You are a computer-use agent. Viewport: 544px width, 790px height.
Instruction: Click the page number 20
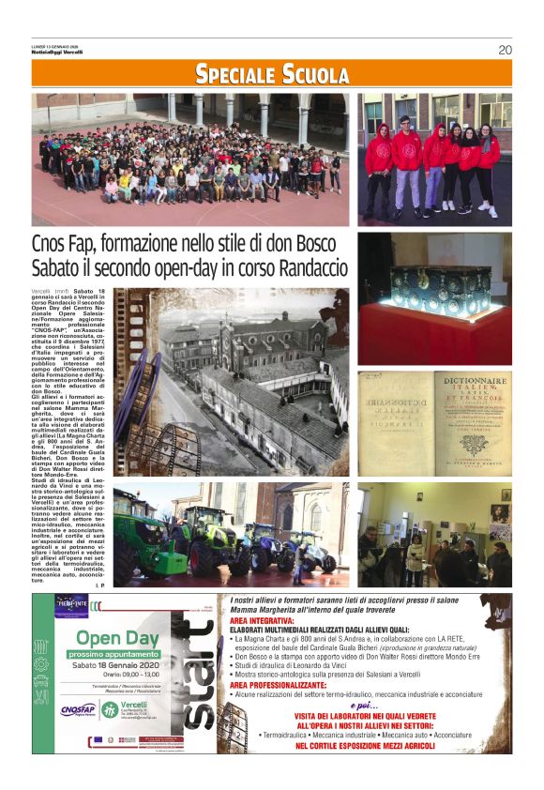505,50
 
